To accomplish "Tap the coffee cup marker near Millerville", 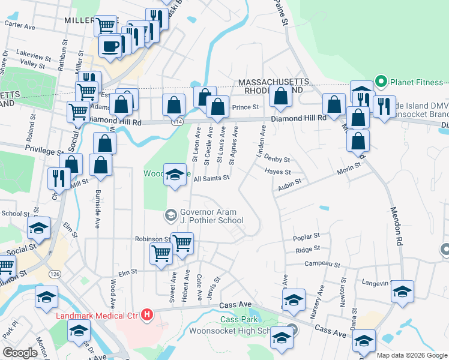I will [110, 46].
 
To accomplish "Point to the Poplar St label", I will [307, 238].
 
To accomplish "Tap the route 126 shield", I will [55, 274].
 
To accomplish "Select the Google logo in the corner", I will [20, 353].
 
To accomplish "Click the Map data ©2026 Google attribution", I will [411, 355].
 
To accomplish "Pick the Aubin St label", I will [289, 189].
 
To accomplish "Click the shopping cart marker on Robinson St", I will [182, 242].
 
